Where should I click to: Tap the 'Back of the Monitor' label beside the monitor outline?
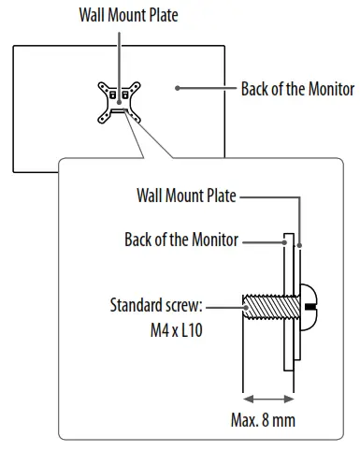[297, 90]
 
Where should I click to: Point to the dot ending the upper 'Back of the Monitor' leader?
[177, 90]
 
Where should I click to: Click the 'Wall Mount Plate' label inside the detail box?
[185, 197]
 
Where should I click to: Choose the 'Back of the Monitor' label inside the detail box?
[180, 240]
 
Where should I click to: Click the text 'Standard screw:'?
[156, 305]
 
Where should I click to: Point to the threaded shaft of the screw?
[263, 307]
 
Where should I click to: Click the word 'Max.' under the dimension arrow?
[244, 420]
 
